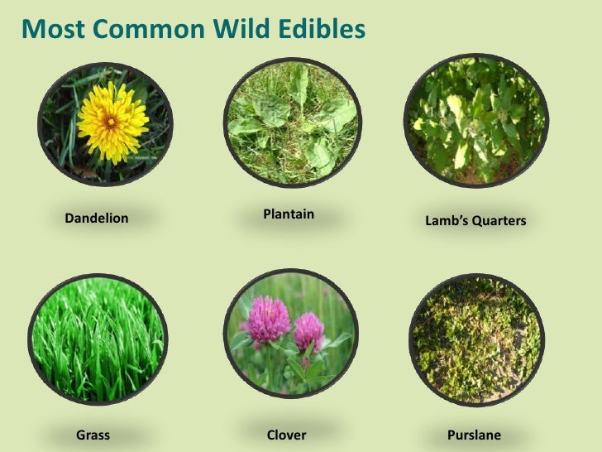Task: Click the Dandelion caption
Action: pos(96,219)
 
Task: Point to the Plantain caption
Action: pos(289,214)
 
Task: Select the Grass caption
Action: pos(93,435)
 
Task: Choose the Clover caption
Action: pos(287,435)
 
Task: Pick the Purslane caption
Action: pos(474,435)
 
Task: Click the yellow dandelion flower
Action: pos(112,123)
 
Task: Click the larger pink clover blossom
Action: pos(265,320)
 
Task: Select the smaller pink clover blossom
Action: pos(308,330)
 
